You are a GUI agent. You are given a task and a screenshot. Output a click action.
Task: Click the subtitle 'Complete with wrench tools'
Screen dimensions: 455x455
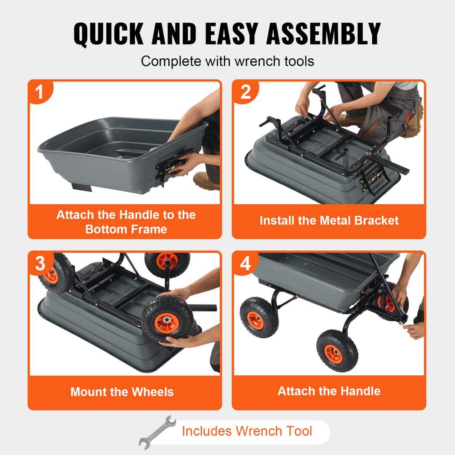coord(227,61)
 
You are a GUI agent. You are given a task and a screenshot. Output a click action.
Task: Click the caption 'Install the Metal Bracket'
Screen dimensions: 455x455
coord(329,221)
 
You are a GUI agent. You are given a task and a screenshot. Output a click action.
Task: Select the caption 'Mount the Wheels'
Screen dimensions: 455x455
coord(122,392)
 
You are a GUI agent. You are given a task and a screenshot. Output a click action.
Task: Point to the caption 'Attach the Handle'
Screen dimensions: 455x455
coord(329,391)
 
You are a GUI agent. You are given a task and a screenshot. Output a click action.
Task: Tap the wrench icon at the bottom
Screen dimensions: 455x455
coord(157,431)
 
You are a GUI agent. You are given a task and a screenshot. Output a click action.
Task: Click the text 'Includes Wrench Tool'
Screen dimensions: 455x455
coord(247,431)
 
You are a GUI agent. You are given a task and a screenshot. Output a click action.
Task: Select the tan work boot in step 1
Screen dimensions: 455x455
coord(206,181)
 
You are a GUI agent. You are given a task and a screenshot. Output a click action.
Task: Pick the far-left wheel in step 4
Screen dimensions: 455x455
coord(259,317)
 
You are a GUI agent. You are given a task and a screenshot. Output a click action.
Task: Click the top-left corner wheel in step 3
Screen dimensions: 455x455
coord(54,272)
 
